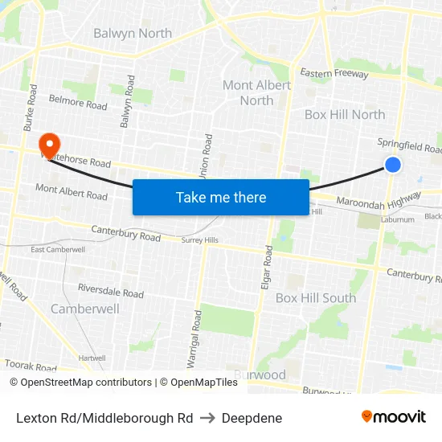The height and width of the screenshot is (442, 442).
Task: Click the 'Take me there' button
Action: (x=221, y=197)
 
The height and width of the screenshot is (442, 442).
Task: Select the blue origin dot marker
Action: (x=393, y=165)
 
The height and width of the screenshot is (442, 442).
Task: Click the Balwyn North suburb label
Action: (x=133, y=33)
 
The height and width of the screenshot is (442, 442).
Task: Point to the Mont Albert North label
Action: (x=256, y=92)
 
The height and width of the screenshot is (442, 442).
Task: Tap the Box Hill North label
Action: (x=345, y=114)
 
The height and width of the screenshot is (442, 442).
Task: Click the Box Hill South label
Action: (x=316, y=297)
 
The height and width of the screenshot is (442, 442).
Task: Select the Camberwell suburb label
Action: (x=85, y=309)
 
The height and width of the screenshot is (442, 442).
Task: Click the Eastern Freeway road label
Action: (x=334, y=74)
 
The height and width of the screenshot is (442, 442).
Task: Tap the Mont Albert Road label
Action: (x=72, y=191)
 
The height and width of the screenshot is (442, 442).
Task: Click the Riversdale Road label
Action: (x=111, y=290)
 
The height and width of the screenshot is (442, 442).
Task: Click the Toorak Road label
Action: (x=31, y=366)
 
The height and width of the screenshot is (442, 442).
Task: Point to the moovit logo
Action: (x=393, y=417)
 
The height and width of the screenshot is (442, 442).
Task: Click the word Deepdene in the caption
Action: (x=252, y=418)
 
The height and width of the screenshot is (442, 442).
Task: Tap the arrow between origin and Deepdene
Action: (x=207, y=418)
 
